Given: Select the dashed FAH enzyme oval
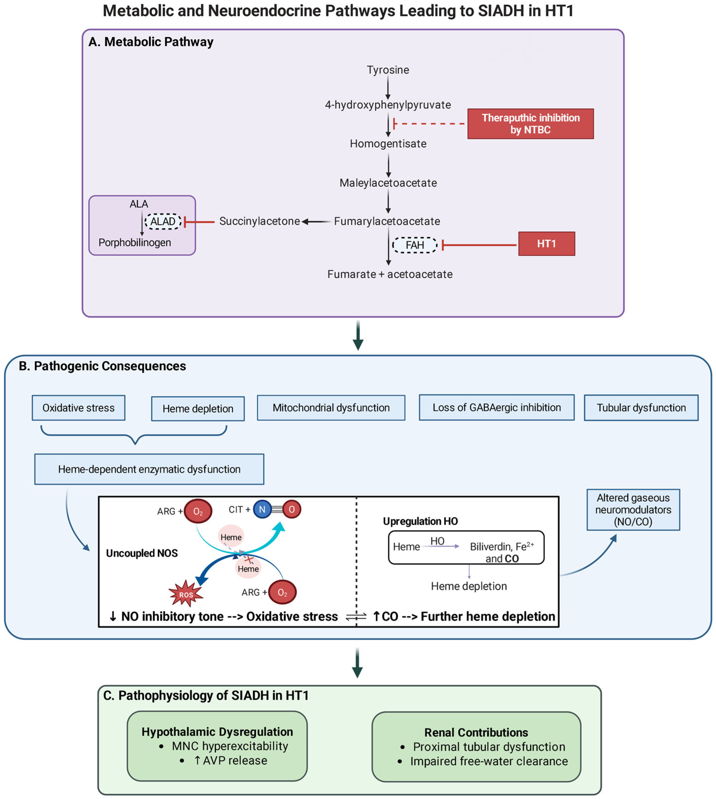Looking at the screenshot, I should (415, 245).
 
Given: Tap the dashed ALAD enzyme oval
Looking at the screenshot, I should (163, 222).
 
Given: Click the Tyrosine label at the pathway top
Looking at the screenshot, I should (388, 70).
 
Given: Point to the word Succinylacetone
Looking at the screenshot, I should (259, 221).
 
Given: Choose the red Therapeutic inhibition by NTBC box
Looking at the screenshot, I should (530, 124).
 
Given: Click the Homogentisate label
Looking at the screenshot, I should (388, 144).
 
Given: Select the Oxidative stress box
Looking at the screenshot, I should (79, 408).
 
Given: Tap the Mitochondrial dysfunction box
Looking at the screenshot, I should (331, 408).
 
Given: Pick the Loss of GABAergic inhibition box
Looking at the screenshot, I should (496, 408).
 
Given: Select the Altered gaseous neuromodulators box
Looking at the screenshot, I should (633, 510).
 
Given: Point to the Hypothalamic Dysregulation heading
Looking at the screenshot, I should (217, 732).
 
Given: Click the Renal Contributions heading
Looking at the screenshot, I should (476, 732).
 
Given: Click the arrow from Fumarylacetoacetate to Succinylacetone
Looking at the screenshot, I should (316, 222).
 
